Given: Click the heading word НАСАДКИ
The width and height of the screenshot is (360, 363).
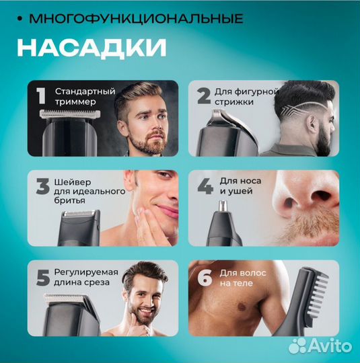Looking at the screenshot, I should pyautogui.click(x=92, y=48).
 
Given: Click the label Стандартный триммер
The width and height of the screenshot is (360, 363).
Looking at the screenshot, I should pyautogui.click(x=85, y=96).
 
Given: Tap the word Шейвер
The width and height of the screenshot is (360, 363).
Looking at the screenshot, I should pyautogui.click(x=71, y=181).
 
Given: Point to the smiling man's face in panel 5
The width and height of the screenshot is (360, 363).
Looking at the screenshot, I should pyautogui.click(x=147, y=300).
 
